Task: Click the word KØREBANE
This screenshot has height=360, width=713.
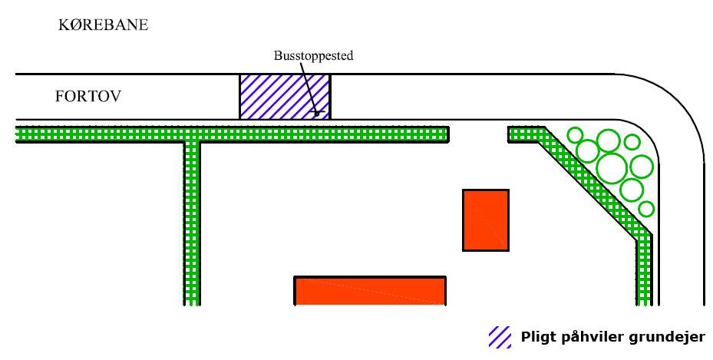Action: [103, 25]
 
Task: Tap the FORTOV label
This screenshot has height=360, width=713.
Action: [88, 97]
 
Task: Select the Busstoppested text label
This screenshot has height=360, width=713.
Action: [313, 56]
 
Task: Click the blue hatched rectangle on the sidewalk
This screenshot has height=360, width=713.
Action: [285, 97]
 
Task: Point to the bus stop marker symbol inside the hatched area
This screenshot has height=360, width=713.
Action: [317, 112]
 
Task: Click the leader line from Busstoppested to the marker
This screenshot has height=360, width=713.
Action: [308, 88]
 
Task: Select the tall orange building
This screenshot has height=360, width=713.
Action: [486, 220]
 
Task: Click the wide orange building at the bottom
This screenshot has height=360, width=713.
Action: [370, 290]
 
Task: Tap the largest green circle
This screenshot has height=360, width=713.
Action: [612, 168]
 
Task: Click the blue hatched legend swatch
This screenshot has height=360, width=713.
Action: [500, 337]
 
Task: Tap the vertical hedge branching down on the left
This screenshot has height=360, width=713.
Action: [191, 223]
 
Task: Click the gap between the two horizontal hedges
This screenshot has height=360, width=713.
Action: [478, 134]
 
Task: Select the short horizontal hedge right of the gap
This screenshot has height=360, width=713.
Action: [526, 134]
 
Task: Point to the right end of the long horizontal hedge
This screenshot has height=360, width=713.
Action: [448, 134]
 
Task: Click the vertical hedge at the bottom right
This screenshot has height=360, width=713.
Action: [645, 270]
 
